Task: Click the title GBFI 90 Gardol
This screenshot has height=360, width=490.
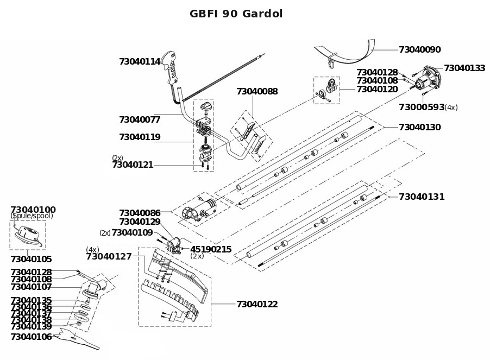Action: coord(236,14)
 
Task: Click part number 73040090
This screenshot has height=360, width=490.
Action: coord(419,49)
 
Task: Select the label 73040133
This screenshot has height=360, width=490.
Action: coord(464,68)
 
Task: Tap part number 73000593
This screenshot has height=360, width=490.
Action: coord(421,107)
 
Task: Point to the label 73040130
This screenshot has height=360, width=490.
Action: coord(419,127)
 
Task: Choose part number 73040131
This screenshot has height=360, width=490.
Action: coord(422,197)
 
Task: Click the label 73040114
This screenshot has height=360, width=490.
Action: coord(140,62)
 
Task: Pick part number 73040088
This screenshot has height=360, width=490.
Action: coord(257,92)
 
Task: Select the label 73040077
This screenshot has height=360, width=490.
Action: coord(140,119)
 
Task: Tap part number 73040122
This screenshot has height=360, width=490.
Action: coord(257,305)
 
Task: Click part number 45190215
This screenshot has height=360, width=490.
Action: coord(211,249)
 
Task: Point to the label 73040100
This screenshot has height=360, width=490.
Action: coord(33,210)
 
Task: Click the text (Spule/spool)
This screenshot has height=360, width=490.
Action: coord(32,216)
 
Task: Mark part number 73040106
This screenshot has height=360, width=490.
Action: coord(31,337)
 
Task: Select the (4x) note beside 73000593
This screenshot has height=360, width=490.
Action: coord(451,108)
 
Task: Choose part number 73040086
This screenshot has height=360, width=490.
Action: coord(140,213)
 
